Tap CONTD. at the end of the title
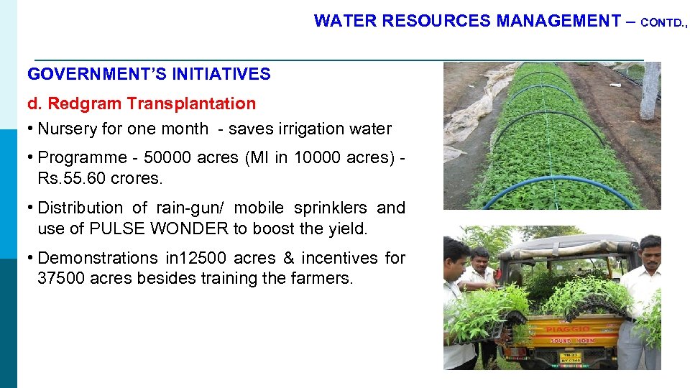(663, 22)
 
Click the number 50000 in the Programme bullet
(169, 158)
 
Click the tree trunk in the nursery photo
(650, 90)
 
